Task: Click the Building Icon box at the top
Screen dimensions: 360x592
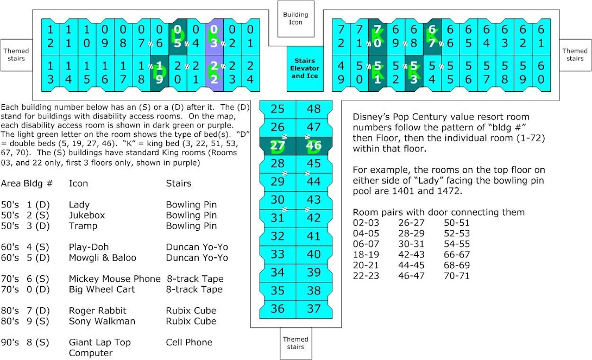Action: [295, 18]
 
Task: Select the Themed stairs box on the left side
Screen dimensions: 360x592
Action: [16, 55]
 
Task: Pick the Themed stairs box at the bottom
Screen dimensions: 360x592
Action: [295, 343]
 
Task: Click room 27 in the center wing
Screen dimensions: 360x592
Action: [278, 146]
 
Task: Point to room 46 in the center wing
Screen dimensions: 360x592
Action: [314, 146]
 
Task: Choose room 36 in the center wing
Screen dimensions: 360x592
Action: [278, 308]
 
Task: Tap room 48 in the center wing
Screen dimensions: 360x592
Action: [314, 109]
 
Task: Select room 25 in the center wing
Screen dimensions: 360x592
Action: [278, 109]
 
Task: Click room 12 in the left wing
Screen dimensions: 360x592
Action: [50, 36]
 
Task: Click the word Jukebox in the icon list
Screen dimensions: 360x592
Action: [87, 215]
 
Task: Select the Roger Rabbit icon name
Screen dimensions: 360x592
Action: [97, 311]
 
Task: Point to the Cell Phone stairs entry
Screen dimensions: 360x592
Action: [189, 342]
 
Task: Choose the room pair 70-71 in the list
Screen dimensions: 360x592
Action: [457, 276]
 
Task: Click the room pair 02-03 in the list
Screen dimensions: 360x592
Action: [366, 223]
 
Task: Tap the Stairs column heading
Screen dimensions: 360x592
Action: [179, 184]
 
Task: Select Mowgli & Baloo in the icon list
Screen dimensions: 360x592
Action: [103, 257]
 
